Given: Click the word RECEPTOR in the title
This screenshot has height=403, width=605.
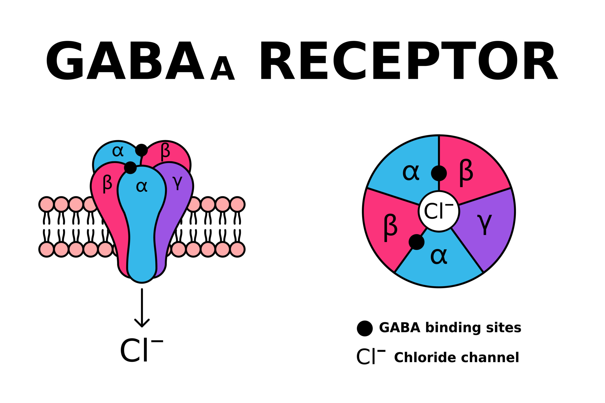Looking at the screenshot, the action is (x=409, y=60).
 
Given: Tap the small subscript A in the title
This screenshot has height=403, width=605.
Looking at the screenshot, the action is (x=222, y=68).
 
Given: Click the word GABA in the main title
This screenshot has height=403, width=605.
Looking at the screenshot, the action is (x=125, y=60).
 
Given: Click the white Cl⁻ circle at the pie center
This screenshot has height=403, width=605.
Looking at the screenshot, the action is (x=439, y=211).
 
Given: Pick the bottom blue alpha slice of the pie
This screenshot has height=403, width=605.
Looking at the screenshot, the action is (x=439, y=260).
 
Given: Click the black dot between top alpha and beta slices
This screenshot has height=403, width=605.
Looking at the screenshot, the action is (x=439, y=173).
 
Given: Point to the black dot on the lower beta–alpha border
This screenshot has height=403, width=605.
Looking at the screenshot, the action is (x=417, y=242).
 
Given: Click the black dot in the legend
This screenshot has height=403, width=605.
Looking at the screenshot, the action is (x=365, y=328).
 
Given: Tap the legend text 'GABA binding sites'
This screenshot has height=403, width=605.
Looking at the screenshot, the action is (x=450, y=328).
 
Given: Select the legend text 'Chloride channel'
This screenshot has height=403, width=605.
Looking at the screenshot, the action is (x=456, y=357).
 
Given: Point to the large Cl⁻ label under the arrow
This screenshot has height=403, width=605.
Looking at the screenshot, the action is (x=141, y=350).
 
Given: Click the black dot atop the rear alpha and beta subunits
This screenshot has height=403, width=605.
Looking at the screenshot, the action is (x=141, y=150).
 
